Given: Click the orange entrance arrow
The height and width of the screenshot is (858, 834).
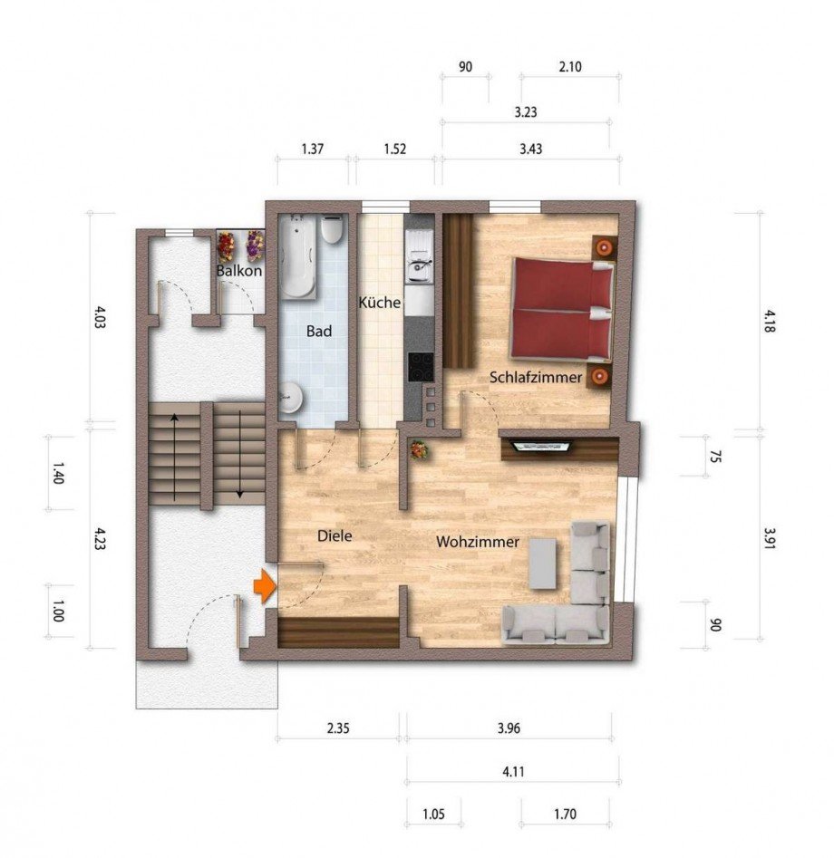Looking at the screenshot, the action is pyautogui.click(x=265, y=585).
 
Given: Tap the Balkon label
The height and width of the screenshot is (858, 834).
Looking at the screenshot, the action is pyautogui.click(x=238, y=271).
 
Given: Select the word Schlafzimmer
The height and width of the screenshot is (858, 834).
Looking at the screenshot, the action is pyautogui.click(x=536, y=378).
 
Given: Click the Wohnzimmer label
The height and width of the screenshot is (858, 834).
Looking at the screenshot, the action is pyautogui.click(x=478, y=542).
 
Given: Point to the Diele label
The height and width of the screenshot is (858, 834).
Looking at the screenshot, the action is pyautogui.click(x=335, y=536).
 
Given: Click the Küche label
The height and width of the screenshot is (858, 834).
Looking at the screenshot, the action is pyautogui.click(x=380, y=303).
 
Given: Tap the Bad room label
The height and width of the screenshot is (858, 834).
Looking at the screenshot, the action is pyautogui.click(x=319, y=331).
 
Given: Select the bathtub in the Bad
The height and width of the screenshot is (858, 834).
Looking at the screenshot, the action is pyautogui.click(x=298, y=256).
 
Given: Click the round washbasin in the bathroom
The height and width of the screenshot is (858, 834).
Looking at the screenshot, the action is pyautogui.click(x=290, y=397).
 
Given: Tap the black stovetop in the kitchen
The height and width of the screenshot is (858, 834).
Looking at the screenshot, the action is pyautogui.click(x=421, y=367).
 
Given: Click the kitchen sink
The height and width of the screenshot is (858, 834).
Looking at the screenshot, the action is pyautogui.click(x=420, y=256).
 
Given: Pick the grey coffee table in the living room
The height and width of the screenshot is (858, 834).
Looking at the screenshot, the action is pyautogui.click(x=543, y=564).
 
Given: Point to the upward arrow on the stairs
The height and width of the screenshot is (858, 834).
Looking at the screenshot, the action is pyautogui.click(x=174, y=458).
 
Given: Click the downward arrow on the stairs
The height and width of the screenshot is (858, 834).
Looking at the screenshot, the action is pyautogui.click(x=240, y=455).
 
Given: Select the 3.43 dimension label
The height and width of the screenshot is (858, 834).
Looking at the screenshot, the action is pyautogui.click(x=530, y=149).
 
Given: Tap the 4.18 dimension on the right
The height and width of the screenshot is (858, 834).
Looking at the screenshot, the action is pyautogui.click(x=770, y=322).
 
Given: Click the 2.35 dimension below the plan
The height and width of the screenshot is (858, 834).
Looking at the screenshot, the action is pyautogui.click(x=338, y=728).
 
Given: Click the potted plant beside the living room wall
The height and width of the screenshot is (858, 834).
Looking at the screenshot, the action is pyautogui.click(x=419, y=451).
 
